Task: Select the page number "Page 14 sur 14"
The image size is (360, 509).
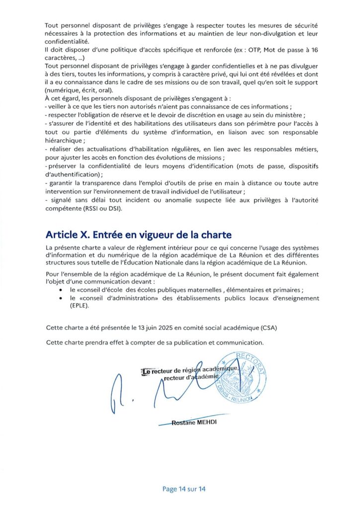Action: (184, 489)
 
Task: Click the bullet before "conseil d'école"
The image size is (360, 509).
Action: (61, 290)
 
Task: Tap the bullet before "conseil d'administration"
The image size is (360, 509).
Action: (61, 298)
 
